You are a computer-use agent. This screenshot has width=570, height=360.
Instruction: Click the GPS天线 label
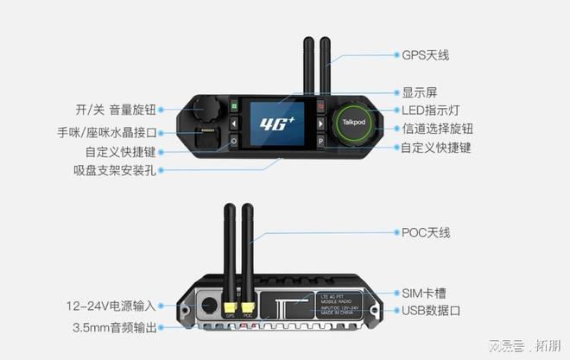(x=426, y=55)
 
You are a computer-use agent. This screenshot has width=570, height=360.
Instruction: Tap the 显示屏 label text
(x=419, y=92)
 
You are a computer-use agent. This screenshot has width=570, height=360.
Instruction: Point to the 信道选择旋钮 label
(x=439, y=129)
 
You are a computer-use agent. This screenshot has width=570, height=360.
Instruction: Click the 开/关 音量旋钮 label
(x=113, y=110)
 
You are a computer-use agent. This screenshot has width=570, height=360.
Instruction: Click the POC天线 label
(x=426, y=233)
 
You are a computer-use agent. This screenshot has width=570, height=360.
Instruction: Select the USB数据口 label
(x=430, y=311)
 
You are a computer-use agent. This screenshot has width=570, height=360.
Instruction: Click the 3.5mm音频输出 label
(x=115, y=328)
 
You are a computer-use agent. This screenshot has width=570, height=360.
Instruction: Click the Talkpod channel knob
(x=353, y=122)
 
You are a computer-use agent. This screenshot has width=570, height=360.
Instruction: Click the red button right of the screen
(x=320, y=107)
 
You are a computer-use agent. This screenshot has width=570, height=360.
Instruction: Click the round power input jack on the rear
(x=208, y=304)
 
